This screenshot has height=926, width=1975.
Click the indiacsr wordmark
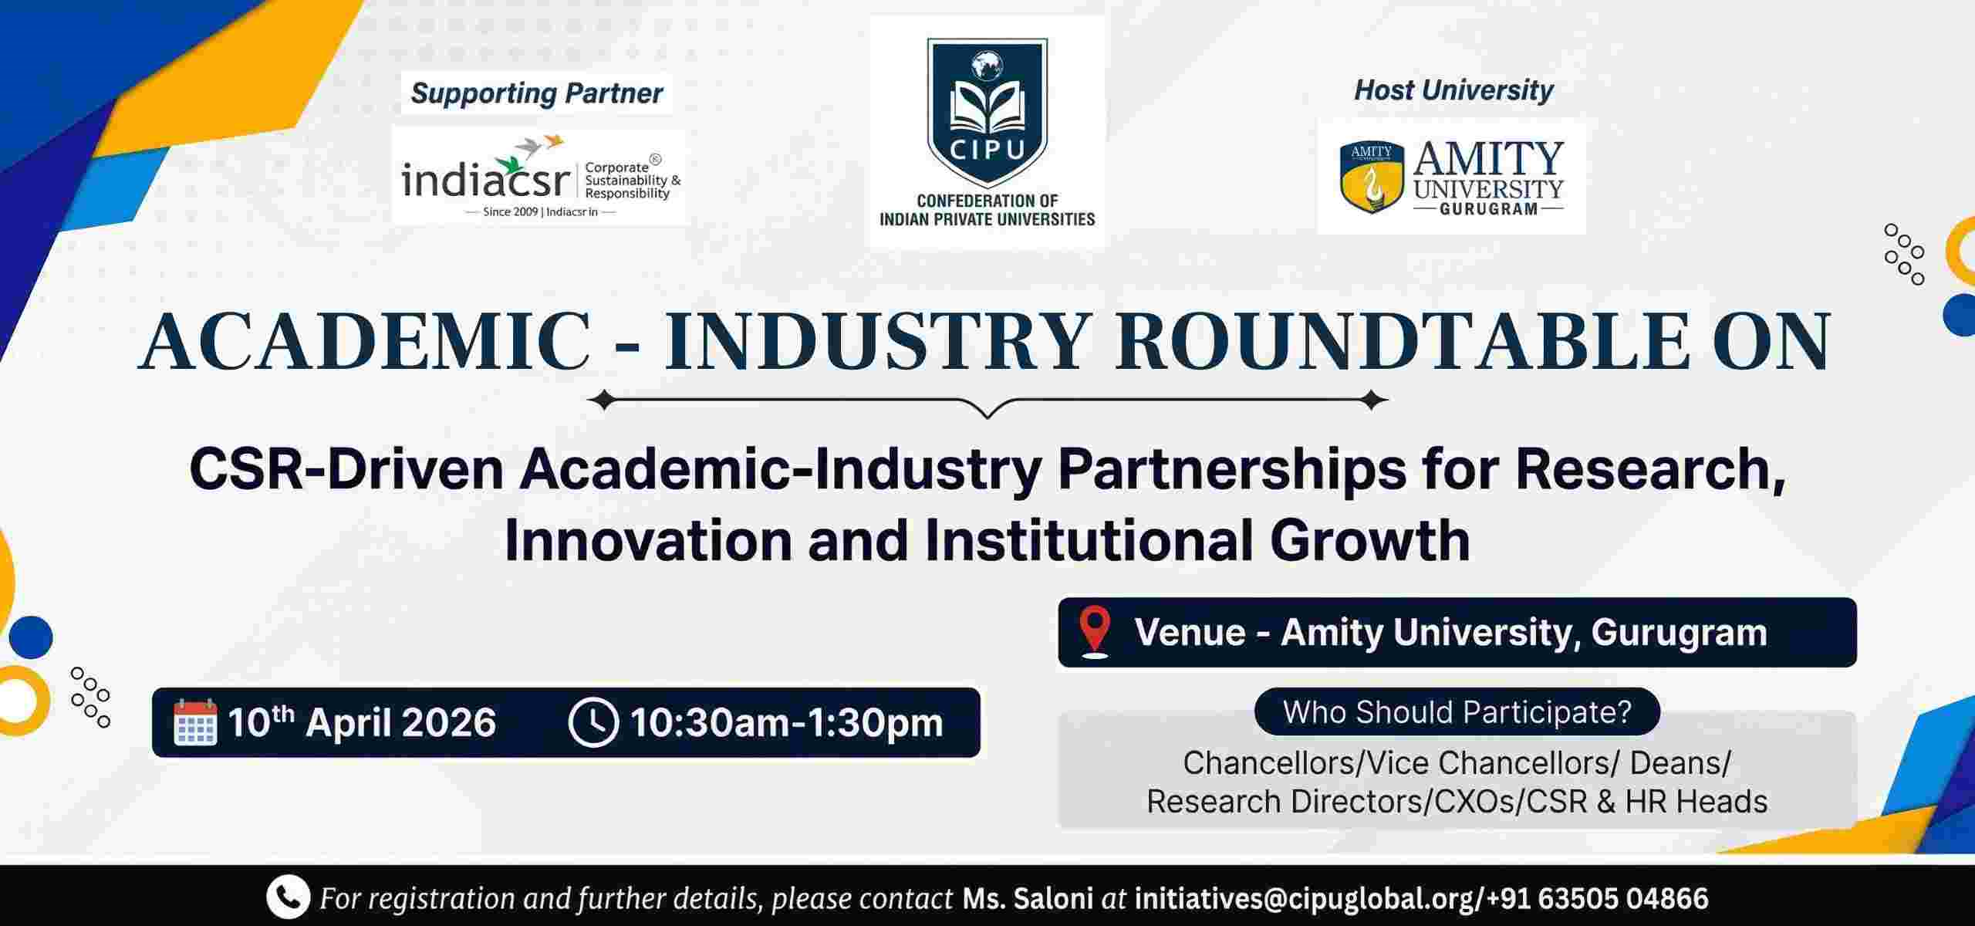pyautogui.click(x=484, y=181)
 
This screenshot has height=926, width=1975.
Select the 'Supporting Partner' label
pyautogui.click(x=537, y=94)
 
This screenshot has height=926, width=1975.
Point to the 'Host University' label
pyautogui.click(x=1453, y=90)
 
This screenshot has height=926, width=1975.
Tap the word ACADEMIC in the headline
pyautogui.click(x=366, y=341)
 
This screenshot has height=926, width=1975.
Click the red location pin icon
pyautogui.click(x=1096, y=632)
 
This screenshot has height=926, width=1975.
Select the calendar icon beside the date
pyautogui.click(x=194, y=723)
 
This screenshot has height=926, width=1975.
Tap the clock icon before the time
pyautogui.click(x=592, y=723)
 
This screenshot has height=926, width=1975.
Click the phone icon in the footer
pyautogui.click(x=288, y=898)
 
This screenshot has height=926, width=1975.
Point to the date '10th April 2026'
pyautogui.click(x=362, y=723)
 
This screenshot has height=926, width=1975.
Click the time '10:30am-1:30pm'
pyautogui.click(x=786, y=723)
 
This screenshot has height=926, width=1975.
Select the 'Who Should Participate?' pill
pyautogui.click(x=1457, y=711)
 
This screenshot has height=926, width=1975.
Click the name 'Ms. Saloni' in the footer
pyautogui.click(x=1028, y=898)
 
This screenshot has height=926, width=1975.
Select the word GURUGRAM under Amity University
pyautogui.click(x=1489, y=209)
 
